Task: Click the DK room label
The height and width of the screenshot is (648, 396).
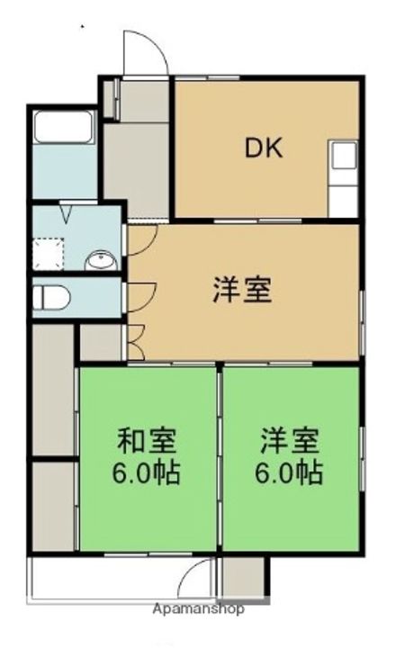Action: [264, 148]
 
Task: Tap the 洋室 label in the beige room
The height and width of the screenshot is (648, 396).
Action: [241, 292]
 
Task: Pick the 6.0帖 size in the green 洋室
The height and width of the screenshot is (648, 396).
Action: [290, 472]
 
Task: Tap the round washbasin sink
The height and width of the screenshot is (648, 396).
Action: [101, 262]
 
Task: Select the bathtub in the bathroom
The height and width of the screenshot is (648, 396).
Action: [63, 128]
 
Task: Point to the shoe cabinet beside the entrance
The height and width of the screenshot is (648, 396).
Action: [110, 99]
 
